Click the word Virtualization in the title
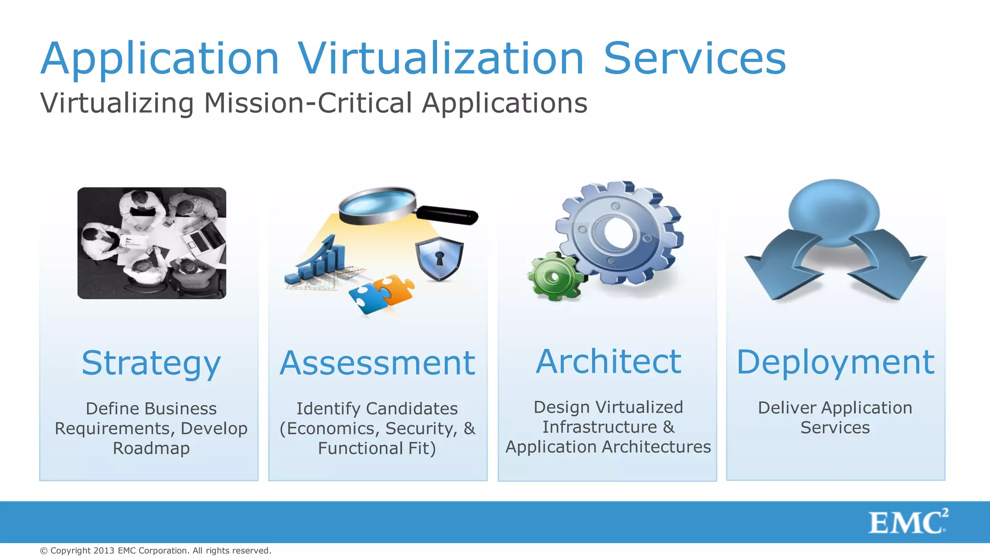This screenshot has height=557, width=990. click(x=440, y=59)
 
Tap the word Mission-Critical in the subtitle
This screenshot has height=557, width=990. click(x=308, y=103)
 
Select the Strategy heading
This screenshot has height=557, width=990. click(x=151, y=364)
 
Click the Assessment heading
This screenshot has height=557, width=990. click(x=378, y=364)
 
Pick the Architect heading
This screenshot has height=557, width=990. click(x=609, y=362)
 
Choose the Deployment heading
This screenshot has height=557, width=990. click(x=835, y=363)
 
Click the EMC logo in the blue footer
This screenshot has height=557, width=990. click(x=908, y=522)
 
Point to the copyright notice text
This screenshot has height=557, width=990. click(x=156, y=551)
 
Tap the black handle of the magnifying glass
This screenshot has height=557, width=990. click(x=447, y=215)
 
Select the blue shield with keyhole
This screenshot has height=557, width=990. click(x=439, y=259)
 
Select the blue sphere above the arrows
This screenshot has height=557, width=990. click(x=834, y=212)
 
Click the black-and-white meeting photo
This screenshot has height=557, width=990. click(x=152, y=243)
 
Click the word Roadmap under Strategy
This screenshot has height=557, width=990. click(x=151, y=448)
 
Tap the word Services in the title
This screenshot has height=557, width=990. click(x=695, y=59)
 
